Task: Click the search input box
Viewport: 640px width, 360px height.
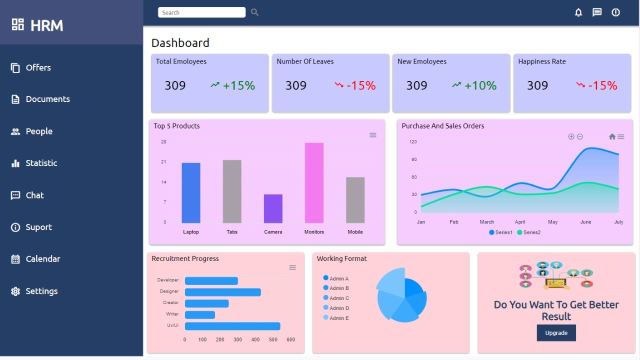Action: [x=201, y=12]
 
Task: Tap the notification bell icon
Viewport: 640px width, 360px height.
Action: [x=578, y=12]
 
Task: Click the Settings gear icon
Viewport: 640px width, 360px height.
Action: [x=15, y=291]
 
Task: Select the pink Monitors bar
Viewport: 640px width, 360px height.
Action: [x=314, y=182]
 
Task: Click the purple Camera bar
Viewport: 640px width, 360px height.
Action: [x=273, y=208]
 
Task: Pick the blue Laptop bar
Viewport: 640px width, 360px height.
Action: [x=191, y=192]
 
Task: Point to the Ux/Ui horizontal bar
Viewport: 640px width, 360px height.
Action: [x=232, y=326]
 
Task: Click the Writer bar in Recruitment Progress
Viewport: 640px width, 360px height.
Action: [x=200, y=314]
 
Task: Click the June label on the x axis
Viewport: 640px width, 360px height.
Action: [x=585, y=222]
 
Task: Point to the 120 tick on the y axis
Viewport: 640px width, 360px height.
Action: [x=413, y=142]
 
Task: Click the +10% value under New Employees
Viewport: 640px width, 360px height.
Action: [x=480, y=85]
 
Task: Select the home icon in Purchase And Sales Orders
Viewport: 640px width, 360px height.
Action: [x=612, y=136]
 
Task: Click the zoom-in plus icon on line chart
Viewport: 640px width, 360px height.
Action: [x=571, y=136]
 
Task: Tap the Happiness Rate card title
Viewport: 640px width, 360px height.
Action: [x=542, y=61]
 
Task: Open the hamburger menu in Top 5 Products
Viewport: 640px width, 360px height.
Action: [x=372, y=135]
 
